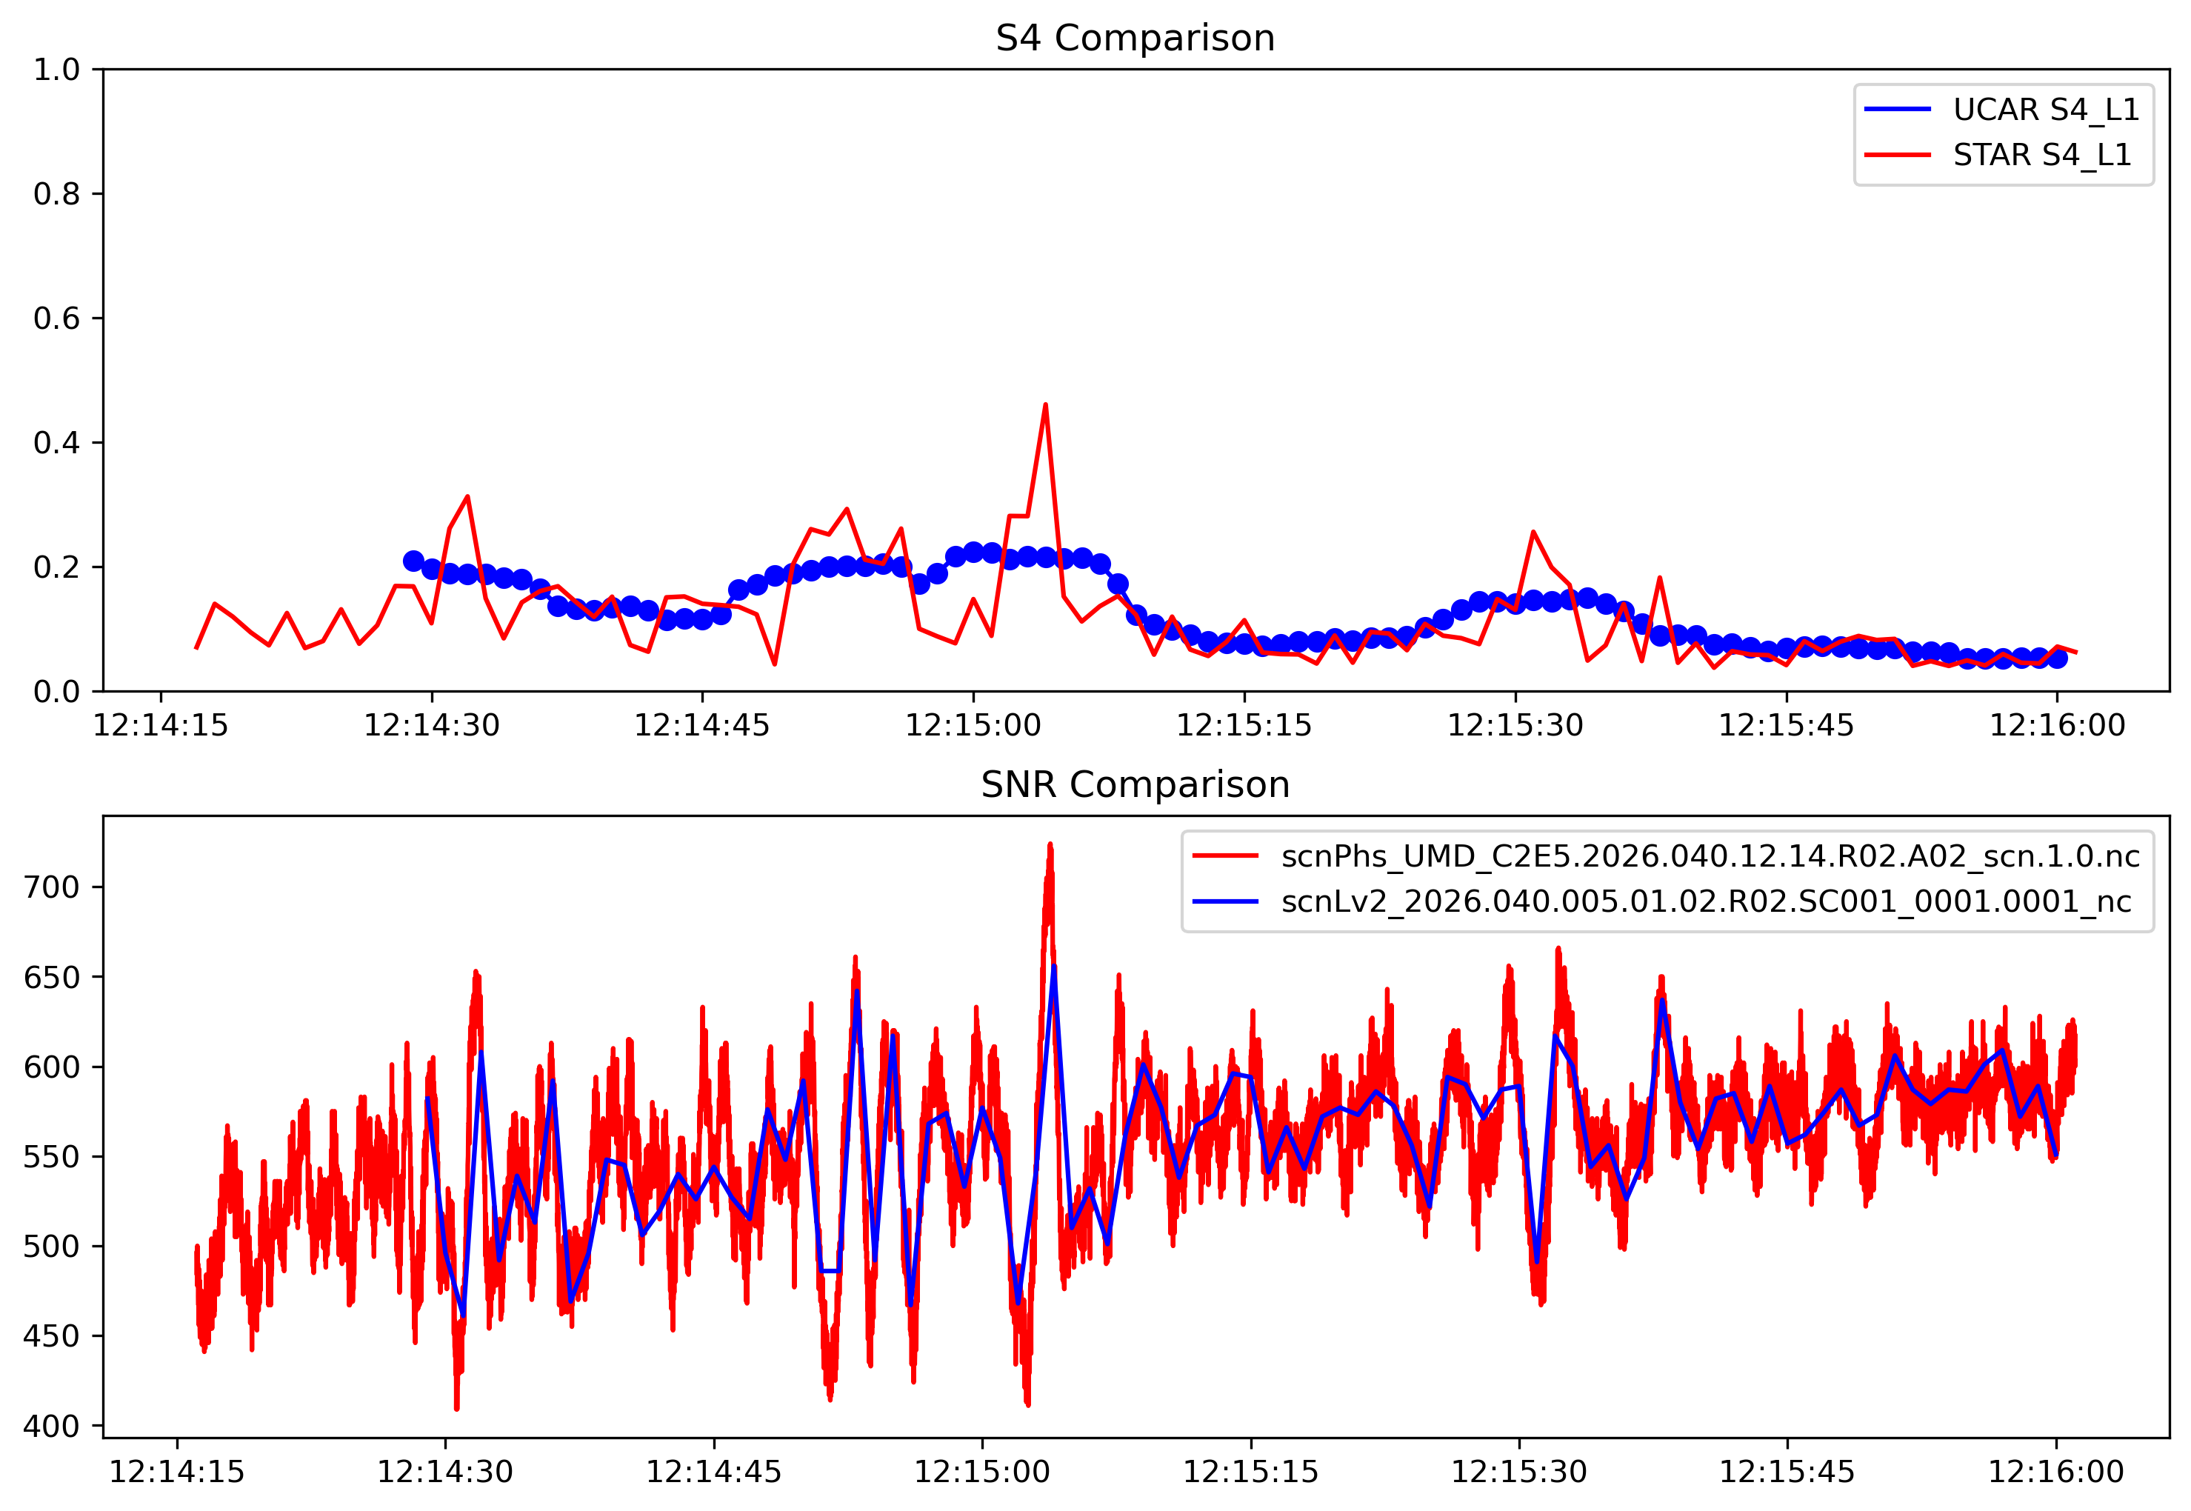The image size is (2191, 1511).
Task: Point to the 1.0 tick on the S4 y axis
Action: (x=57, y=69)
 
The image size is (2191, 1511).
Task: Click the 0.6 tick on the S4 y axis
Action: (x=57, y=318)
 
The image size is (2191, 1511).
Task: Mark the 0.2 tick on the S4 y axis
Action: (x=57, y=567)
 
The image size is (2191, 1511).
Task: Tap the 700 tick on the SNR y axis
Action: (x=52, y=887)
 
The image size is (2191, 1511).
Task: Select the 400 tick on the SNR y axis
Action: (x=52, y=1426)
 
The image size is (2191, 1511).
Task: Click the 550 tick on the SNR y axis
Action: (x=52, y=1157)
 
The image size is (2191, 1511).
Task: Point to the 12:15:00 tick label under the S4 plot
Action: (x=973, y=725)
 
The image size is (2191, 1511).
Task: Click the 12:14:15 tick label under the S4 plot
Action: (x=160, y=725)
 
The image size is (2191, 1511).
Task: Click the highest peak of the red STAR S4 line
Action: (x=1045, y=405)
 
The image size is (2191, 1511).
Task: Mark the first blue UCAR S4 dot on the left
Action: (x=413, y=561)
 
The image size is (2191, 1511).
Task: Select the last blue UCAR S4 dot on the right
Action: (x=2056, y=658)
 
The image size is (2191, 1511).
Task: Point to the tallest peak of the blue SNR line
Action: (x=1054, y=967)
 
